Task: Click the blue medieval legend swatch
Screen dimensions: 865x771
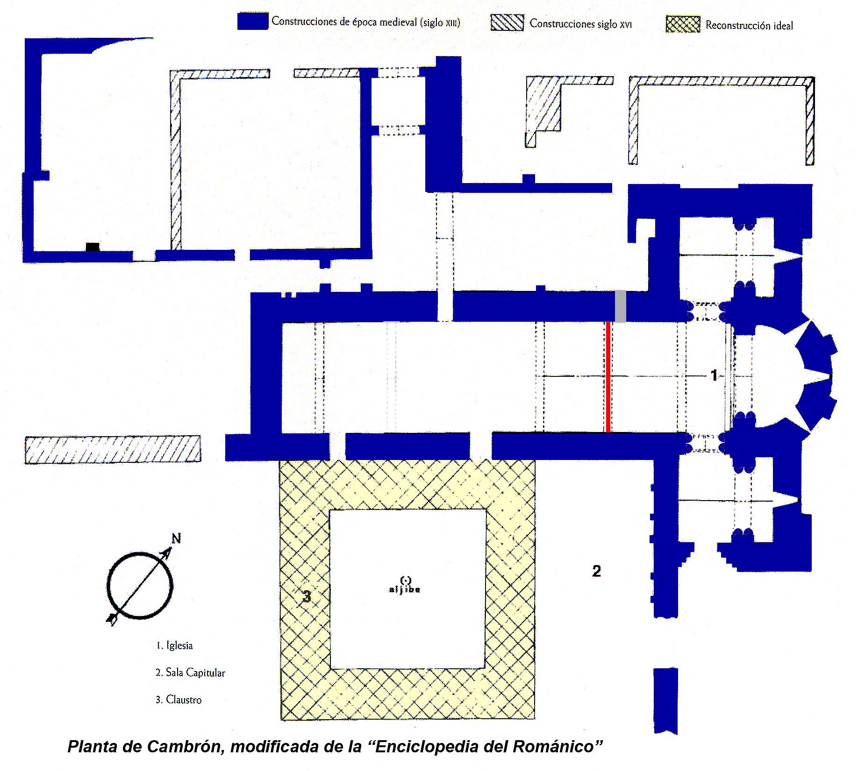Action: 252,21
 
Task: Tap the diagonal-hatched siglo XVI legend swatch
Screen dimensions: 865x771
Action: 507,22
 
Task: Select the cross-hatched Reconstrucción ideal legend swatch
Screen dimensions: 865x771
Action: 683,25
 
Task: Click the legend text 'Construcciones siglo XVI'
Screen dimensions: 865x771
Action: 580,23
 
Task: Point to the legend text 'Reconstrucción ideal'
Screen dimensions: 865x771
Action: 749,25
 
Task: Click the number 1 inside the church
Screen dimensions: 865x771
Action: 714,375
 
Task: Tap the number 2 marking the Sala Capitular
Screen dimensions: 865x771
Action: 596,571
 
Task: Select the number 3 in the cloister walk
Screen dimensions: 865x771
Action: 307,596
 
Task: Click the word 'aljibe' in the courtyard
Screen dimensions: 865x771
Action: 405,589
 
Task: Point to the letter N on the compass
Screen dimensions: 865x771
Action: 176,538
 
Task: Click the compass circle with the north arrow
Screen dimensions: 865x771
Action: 140,586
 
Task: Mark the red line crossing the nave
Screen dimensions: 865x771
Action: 608,377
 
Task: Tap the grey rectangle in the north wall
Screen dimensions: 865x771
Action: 620,306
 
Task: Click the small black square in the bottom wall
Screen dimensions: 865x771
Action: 93,247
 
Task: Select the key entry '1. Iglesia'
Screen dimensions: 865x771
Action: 174,645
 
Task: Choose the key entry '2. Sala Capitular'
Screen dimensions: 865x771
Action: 190,672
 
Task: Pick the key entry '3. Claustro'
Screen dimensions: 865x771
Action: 179,700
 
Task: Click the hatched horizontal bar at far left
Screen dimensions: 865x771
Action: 113,450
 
